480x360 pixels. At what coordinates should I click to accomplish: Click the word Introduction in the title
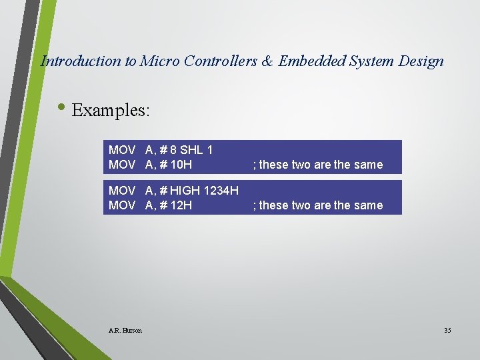click(x=81, y=61)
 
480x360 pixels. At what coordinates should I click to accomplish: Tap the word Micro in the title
click(x=159, y=61)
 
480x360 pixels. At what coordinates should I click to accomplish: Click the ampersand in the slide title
click(x=267, y=61)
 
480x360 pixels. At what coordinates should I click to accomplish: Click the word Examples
click(x=111, y=110)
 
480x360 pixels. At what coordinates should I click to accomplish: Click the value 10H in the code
click(x=181, y=164)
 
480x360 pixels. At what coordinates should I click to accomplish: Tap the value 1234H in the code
click(x=221, y=191)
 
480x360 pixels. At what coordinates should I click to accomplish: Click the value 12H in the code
click(x=181, y=205)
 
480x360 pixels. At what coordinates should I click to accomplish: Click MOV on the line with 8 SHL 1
click(x=123, y=151)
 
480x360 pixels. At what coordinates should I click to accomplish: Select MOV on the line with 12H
click(x=123, y=205)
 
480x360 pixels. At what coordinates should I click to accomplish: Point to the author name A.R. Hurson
click(x=125, y=330)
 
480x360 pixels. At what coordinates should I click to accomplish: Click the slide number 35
click(x=447, y=330)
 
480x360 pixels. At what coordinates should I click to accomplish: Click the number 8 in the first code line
click(x=173, y=151)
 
